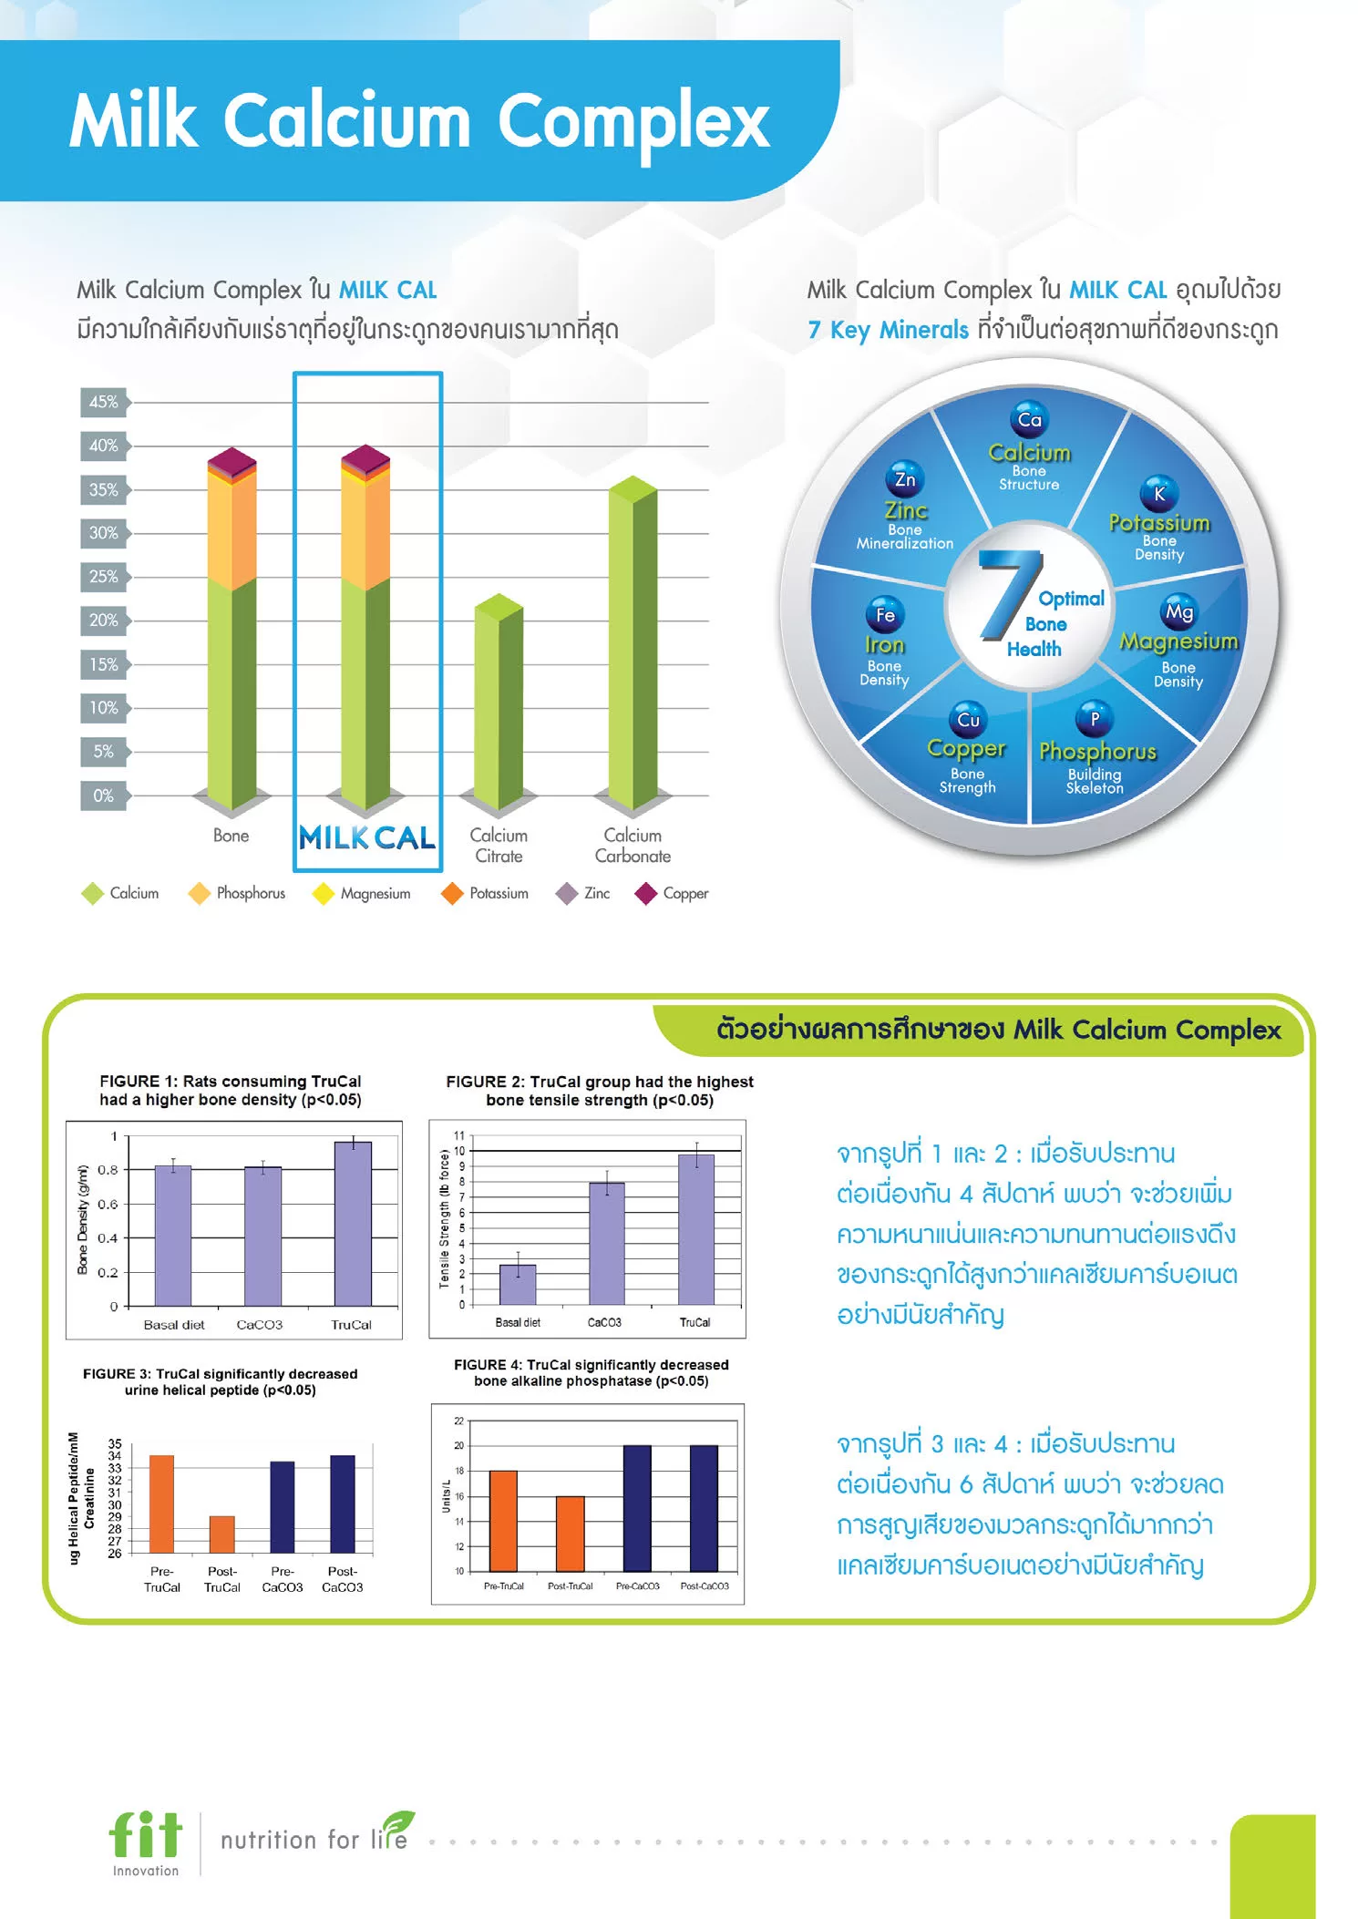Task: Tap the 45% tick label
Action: (103, 402)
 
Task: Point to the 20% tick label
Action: (103, 621)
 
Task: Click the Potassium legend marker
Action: (452, 894)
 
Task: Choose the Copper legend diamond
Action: (646, 894)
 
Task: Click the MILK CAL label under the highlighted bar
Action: (367, 837)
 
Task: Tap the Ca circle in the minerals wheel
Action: (1029, 420)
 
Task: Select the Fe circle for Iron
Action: (885, 615)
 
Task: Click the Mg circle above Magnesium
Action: (1178, 612)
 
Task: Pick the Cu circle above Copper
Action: (968, 720)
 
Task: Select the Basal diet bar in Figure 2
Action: (518, 1284)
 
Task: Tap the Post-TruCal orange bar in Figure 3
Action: (221, 1534)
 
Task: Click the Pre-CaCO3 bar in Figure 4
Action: (637, 1508)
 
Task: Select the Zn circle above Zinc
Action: (905, 479)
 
